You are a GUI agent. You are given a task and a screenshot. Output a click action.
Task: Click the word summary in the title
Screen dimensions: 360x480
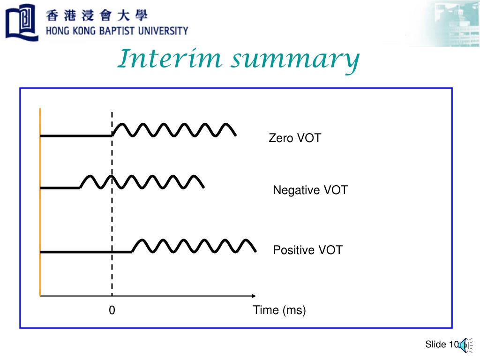[295, 60]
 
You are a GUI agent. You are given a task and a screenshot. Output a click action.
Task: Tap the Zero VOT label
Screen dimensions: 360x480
[294, 138]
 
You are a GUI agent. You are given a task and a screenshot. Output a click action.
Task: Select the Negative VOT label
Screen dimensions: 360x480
[310, 190]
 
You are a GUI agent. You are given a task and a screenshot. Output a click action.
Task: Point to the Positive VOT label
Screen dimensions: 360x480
[307, 250]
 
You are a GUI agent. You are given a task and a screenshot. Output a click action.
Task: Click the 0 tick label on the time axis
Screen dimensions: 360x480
[112, 310]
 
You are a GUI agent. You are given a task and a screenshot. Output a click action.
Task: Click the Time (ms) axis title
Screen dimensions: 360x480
[279, 310]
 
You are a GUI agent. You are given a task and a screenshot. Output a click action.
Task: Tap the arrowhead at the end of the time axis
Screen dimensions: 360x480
[254, 296]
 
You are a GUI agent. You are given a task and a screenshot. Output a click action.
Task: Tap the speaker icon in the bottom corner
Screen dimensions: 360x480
[463, 345]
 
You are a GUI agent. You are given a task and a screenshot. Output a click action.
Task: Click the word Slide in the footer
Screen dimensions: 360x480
[435, 345]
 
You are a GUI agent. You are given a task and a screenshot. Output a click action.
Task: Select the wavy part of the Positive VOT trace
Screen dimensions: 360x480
[194, 246]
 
